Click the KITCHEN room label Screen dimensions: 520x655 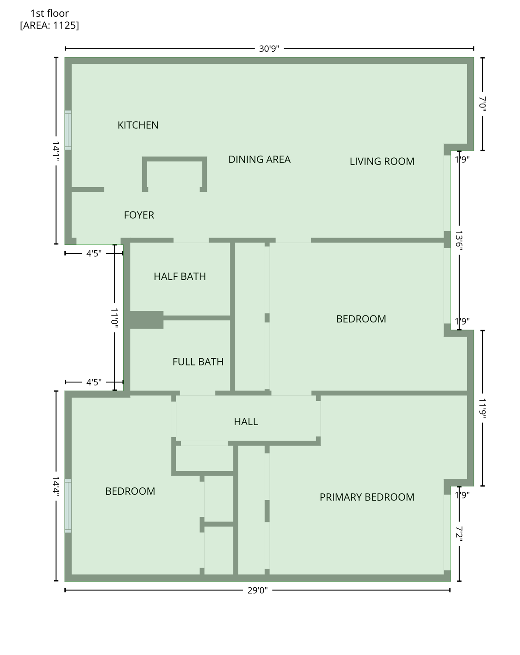coord(138,125)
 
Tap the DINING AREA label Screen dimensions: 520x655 coord(259,159)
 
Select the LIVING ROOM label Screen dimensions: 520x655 coord(382,161)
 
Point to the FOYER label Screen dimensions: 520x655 coord(139,215)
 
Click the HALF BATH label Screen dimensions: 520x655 coord(180,276)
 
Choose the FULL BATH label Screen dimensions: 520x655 coord(198,362)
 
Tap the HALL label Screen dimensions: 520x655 coord(246,422)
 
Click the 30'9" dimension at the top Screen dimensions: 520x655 coord(269,49)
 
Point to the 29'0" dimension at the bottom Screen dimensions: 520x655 coord(258,590)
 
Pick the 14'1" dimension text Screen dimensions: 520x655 coord(56,151)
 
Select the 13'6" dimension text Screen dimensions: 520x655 coord(459,241)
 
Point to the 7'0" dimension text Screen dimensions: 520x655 coord(483,104)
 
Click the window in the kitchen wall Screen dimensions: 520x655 coord(68,130)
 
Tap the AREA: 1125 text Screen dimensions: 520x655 coord(49,25)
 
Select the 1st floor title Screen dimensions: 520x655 coord(49,13)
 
